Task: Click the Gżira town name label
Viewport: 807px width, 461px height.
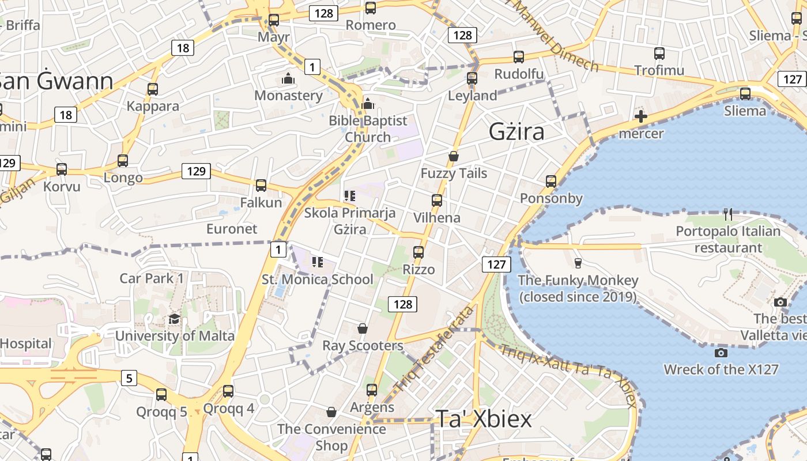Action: (x=516, y=132)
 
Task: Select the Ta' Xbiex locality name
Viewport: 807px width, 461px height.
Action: (x=483, y=419)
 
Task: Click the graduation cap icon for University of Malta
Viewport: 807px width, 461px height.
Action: (x=174, y=319)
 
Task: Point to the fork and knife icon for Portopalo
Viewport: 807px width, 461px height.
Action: (x=728, y=214)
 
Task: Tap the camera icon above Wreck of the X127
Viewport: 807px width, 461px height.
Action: (x=721, y=353)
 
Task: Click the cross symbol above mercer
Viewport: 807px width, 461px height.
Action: (x=640, y=117)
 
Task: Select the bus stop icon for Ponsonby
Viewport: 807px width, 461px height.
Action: (x=551, y=182)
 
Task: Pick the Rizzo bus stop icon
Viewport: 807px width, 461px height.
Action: (x=418, y=252)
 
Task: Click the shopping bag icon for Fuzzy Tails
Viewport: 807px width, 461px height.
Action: (x=454, y=156)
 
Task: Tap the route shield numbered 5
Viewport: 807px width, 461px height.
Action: (x=129, y=379)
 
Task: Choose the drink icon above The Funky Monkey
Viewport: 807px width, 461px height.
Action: (x=578, y=263)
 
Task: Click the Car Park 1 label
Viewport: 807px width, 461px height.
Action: (x=152, y=278)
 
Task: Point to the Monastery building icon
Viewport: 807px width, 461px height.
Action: (x=288, y=78)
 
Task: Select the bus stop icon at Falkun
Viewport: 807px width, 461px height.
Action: (x=261, y=186)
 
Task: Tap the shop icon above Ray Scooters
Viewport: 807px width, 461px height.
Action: (x=363, y=328)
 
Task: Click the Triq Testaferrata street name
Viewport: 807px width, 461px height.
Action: (x=433, y=348)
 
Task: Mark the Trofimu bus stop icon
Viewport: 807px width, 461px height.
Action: (x=659, y=54)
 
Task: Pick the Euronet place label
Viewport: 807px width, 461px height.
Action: (x=232, y=229)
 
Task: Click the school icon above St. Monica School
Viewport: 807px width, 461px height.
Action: (x=317, y=263)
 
